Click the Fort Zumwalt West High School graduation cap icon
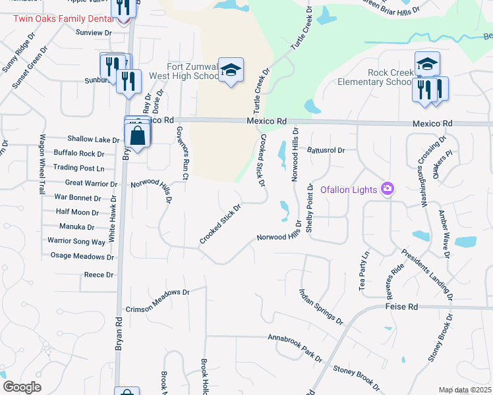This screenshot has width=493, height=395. (x=231, y=70)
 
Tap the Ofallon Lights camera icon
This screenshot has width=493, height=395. (x=387, y=190)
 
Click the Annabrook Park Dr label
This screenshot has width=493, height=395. (x=294, y=348)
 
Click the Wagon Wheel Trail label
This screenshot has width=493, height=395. (x=42, y=164)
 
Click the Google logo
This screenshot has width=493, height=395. (x=22, y=387)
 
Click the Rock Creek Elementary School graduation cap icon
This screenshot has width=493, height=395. (x=427, y=64)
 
